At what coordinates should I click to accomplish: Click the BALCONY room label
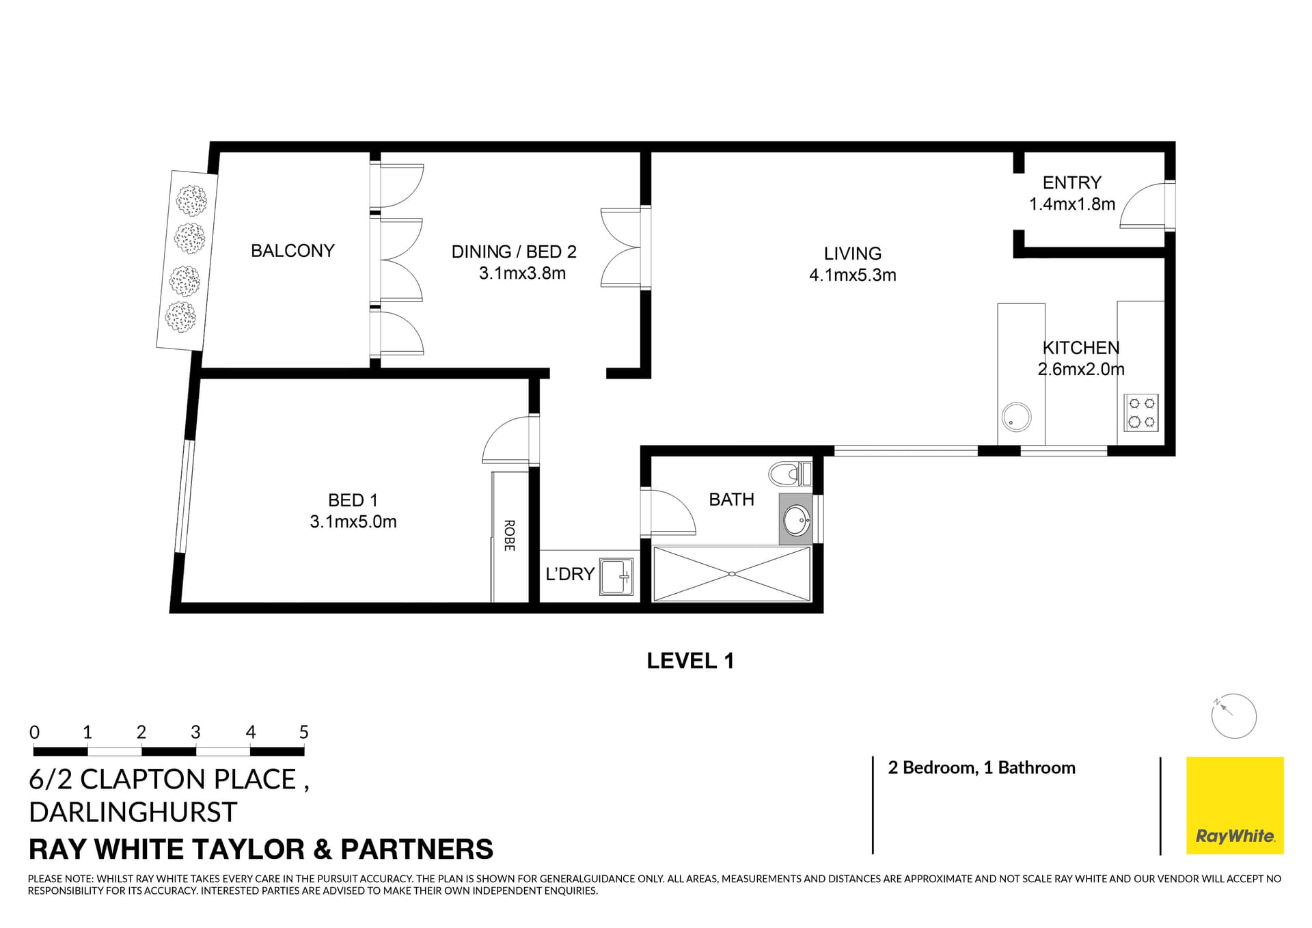click(x=292, y=251)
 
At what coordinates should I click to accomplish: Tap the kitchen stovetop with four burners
click(x=1141, y=413)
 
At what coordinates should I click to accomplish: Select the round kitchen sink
click(x=1016, y=417)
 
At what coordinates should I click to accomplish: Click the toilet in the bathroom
click(x=789, y=474)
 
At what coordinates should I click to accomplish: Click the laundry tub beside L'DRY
click(x=616, y=577)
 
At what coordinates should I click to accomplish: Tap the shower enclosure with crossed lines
click(x=732, y=574)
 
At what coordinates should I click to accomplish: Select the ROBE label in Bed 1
click(x=509, y=536)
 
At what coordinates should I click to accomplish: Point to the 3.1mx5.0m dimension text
click(x=353, y=522)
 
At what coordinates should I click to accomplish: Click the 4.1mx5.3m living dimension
click(x=852, y=275)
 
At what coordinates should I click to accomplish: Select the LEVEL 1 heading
click(x=690, y=661)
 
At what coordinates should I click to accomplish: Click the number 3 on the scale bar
click(x=195, y=733)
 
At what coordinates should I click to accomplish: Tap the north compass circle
click(x=1233, y=716)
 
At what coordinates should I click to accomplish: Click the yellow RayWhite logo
click(x=1235, y=805)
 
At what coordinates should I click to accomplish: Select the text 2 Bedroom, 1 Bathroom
click(x=981, y=768)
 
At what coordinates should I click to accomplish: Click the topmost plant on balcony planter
click(x=191, y=200)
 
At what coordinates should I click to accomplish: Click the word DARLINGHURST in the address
click(x=133, y=813)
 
